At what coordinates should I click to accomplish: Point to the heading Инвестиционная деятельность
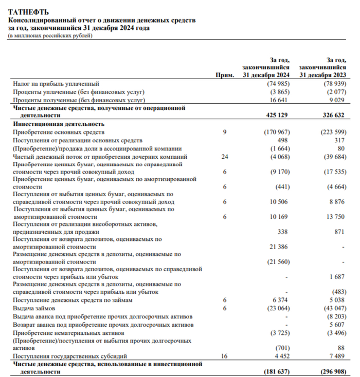click(59, 124)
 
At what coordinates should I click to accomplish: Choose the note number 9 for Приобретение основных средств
click(224, 133)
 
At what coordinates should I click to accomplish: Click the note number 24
click(224, 156)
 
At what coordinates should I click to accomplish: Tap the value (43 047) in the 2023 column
click(333, 308)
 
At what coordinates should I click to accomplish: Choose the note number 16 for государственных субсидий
click(224, 356)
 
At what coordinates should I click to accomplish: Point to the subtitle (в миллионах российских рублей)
click(50, 35)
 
